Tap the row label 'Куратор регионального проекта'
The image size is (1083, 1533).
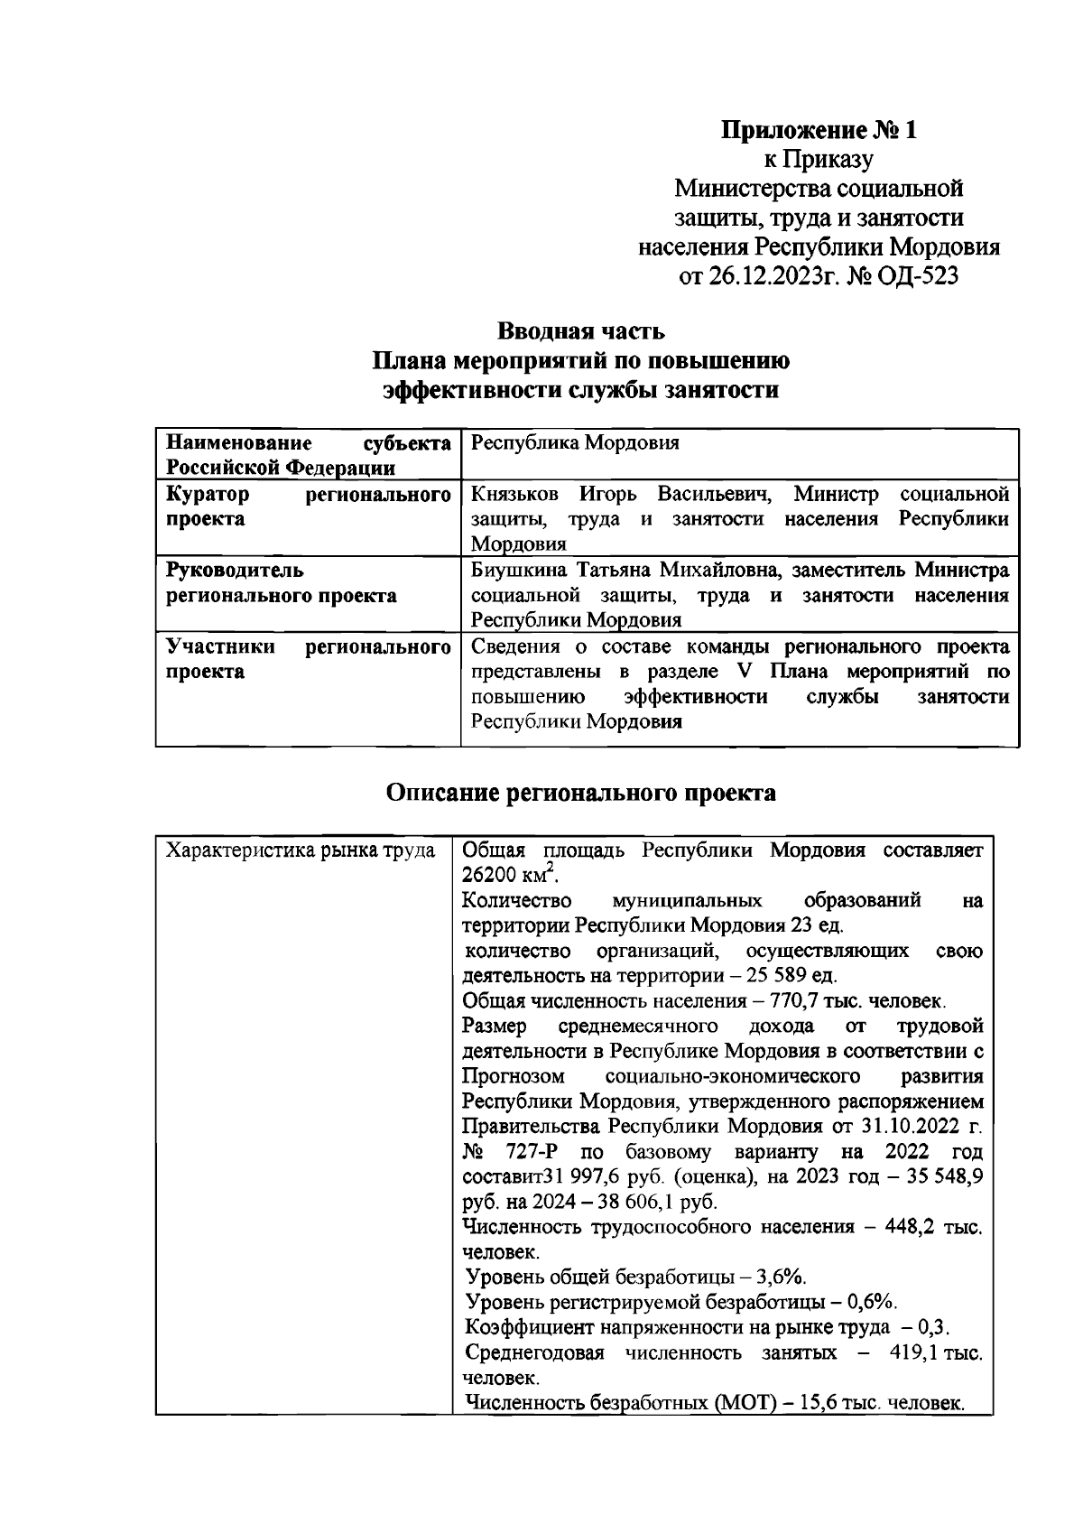[307, 506]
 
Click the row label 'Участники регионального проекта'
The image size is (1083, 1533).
[307, 659]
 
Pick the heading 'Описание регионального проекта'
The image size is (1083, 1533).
[580, 793]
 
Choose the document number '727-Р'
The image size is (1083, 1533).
[535, 1153]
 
